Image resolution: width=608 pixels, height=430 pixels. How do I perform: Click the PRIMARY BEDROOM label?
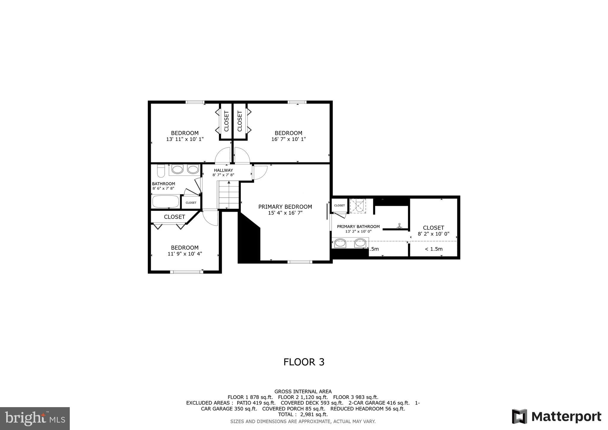285,207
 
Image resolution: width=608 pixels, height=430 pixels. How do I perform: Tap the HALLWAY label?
223,170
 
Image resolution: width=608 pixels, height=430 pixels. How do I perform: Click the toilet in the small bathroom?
161,171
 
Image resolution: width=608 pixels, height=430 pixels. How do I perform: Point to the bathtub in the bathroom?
166,201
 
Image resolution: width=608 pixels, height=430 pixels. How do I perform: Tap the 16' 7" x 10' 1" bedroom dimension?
288,139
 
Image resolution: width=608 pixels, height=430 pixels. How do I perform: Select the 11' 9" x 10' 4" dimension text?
185,254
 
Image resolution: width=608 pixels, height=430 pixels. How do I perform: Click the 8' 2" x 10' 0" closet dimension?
433,234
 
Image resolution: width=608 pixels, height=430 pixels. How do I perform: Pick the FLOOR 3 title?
304,362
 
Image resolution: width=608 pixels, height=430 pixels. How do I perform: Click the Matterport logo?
556,416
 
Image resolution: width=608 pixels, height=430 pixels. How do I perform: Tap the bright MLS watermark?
35,418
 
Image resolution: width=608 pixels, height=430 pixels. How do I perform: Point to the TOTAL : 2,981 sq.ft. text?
303,414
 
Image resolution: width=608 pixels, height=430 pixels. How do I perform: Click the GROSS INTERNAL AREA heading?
303,391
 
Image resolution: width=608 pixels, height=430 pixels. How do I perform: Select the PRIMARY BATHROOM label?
358,227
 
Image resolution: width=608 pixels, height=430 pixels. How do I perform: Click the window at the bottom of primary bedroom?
300,262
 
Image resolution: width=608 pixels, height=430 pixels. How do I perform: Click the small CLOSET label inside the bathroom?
191,203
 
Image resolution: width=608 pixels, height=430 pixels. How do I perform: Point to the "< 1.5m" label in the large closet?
433,249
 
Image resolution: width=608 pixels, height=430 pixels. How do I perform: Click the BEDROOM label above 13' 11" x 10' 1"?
185,133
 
